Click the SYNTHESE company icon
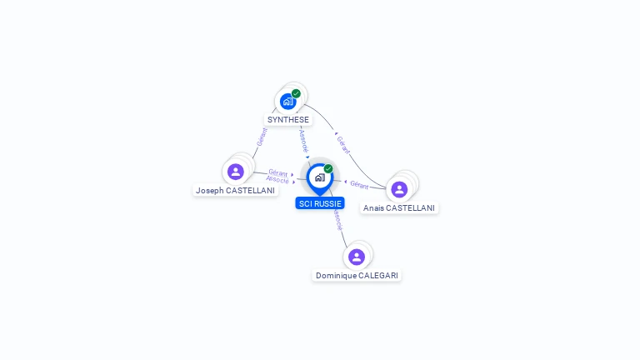click(x=287, y=102)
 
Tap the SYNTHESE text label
click(x=288, y=120)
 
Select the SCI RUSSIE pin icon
click(x=319, y=177)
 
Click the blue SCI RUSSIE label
click(x=320, y=203)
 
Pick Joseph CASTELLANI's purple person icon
click(x=236, y=172)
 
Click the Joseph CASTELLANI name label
click(x=235, y=190)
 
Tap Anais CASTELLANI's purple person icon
click(x=399, y=189)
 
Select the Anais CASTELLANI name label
click(x=399, y=208)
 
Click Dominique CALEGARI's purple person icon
click(x=357, y=257)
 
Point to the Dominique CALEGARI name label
click(x=357, y=275)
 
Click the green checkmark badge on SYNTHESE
click(x=296, y=93)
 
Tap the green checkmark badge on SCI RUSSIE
click(x=328, y=168)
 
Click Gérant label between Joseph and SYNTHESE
click(x=261, y=137)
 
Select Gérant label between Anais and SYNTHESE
click(x=342, y=143)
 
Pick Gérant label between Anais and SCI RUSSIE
click(x=359, y=184)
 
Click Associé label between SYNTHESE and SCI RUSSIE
click(x=303, y=140)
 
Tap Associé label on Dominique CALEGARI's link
click(x=337, y=220)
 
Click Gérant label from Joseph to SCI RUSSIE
click(x=278, y=172)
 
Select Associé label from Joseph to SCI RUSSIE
click(x=277, y=180)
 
